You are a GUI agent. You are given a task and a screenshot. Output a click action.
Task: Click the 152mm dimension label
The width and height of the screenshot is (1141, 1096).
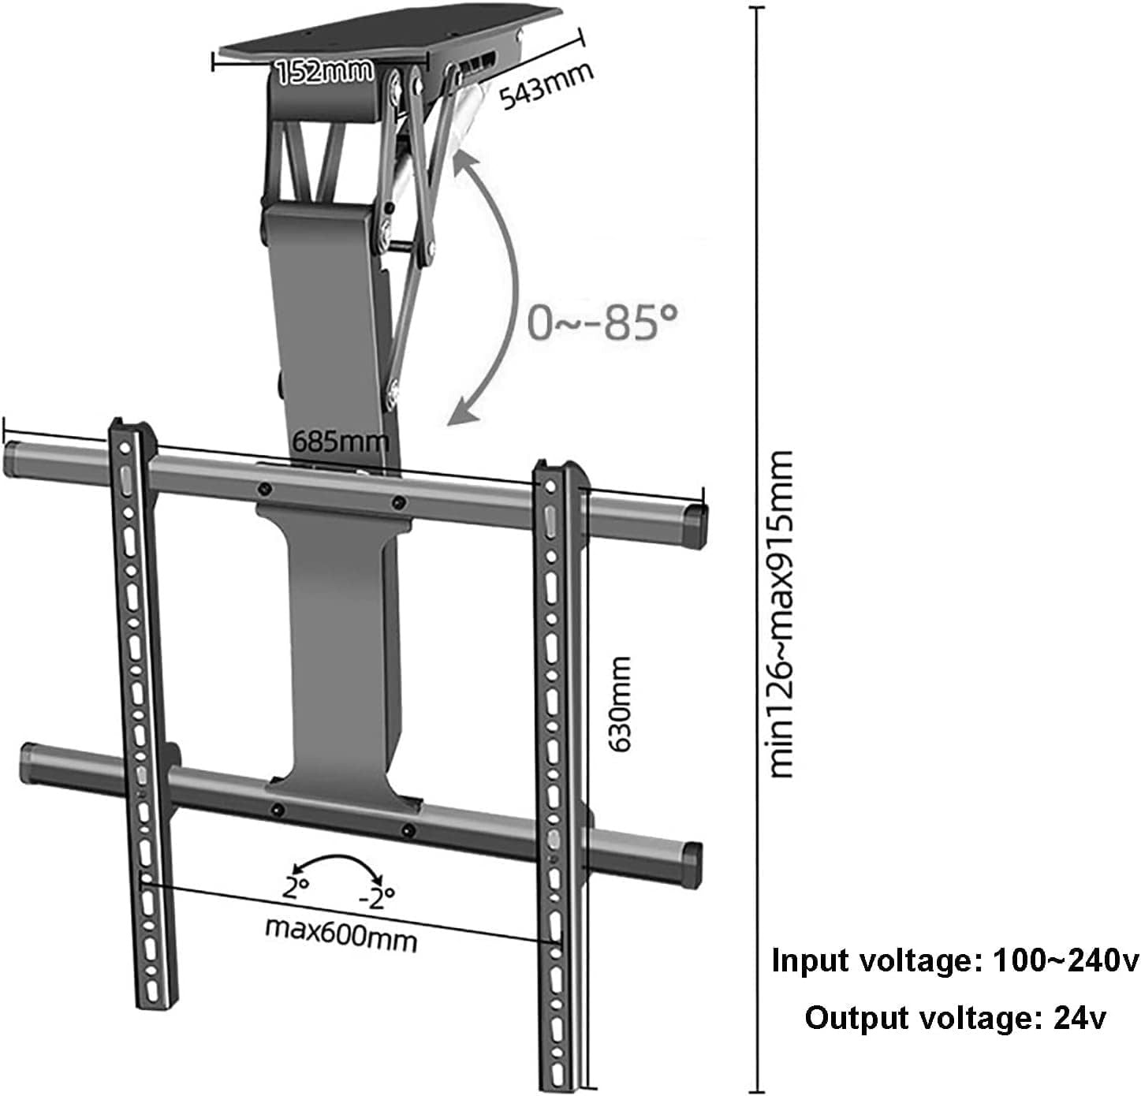(x=324, y=72)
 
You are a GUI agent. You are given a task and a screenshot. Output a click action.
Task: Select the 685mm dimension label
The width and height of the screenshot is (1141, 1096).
(x=341, y=441)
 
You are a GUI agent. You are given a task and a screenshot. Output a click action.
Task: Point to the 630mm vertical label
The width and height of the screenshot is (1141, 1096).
(x=620, y=703)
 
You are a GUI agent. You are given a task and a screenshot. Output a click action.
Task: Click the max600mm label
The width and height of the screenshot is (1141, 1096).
(x=341, y=934)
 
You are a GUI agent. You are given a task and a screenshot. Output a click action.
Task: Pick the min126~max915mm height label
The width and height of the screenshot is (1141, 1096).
(x=781, y=614)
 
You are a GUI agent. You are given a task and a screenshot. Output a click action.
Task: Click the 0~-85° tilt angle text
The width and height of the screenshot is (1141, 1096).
(x=602, y=322)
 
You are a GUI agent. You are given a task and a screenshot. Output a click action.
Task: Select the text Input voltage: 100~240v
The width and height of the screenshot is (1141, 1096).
(x=955, y=961)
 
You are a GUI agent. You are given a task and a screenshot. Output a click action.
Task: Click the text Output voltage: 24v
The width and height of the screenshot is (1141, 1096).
(x=955, y=1018)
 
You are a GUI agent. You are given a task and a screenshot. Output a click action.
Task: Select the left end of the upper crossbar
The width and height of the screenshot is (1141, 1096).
(x=13, y=460)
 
